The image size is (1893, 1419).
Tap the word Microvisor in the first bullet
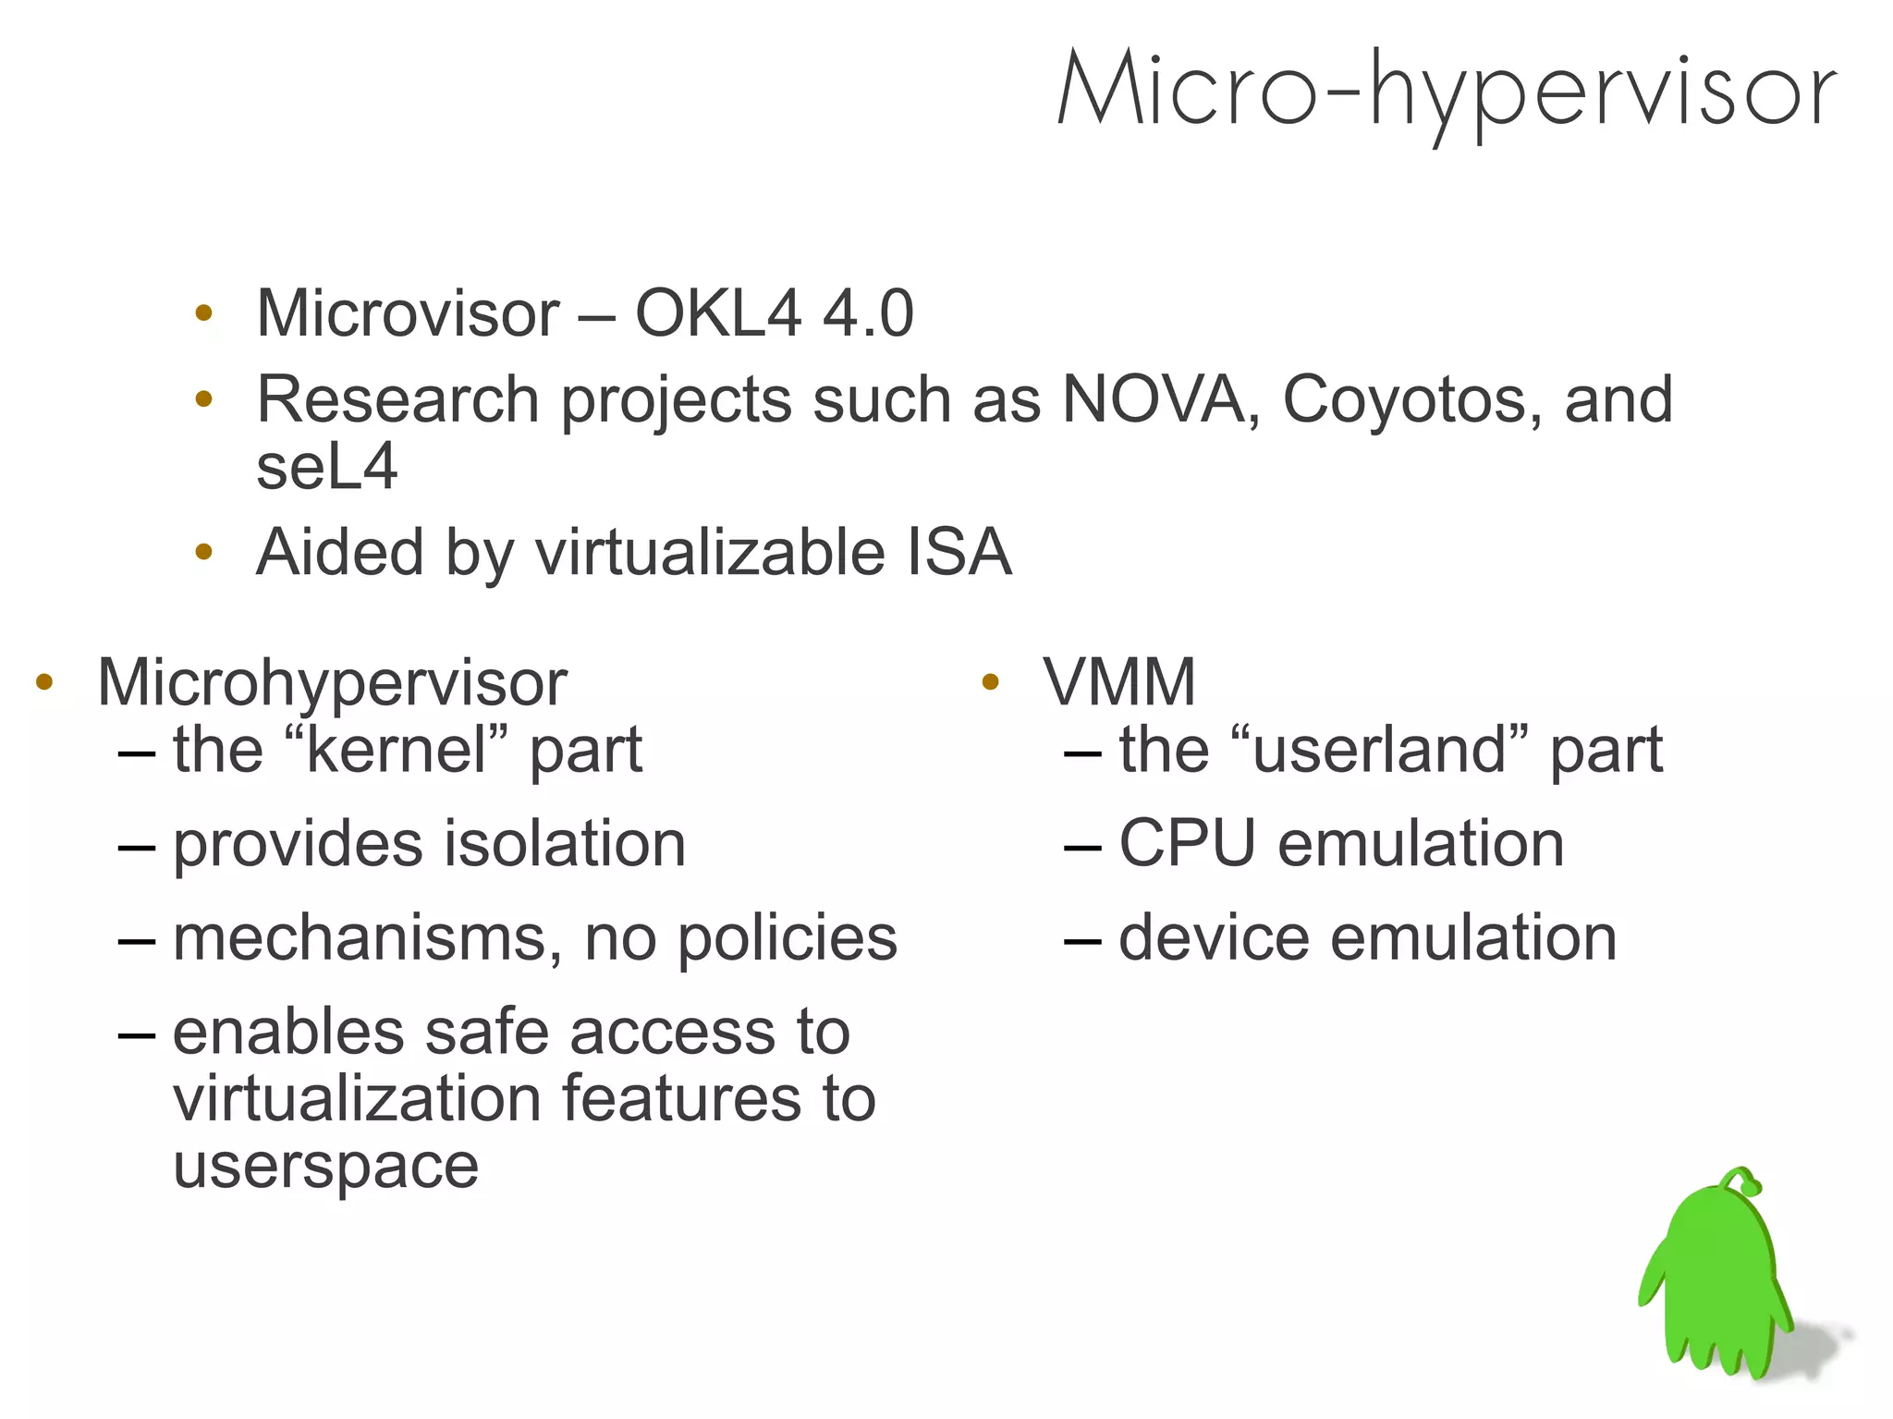point(408,313)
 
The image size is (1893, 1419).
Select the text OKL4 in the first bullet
point(718,313)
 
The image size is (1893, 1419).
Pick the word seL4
point(326,467)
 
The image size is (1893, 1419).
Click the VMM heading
point(1119,683)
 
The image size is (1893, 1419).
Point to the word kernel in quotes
point(397,750)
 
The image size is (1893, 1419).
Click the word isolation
point(565,844)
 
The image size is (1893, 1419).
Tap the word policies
point(788,939)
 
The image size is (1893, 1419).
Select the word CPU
point(1187,844)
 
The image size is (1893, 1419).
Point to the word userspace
point(326,1168)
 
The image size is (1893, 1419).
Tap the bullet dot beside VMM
point(991,683)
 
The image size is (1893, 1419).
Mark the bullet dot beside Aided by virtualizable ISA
point(204,553)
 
